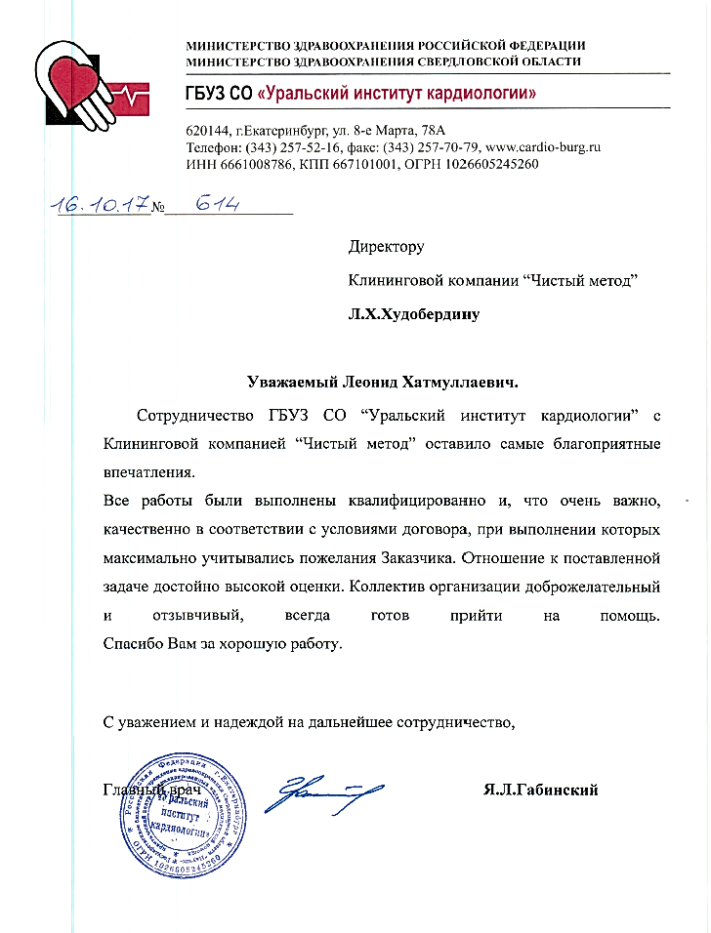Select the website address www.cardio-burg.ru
pyautogui.click(x=536, y=147)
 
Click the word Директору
pyautogui.click(x=387, y=248)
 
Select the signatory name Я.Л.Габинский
pyautogui.click(x=540, y=790)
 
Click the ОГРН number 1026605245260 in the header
pyautogui.click(x=482, y=164)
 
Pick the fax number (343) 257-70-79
pyautogui.click(x=439, y=147)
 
